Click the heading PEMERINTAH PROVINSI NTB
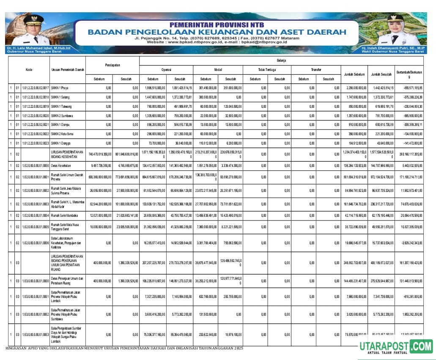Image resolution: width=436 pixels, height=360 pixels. pos(217,25)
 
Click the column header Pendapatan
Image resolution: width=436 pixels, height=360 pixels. pos(113,65)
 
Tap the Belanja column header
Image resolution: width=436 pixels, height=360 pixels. pos(282,61)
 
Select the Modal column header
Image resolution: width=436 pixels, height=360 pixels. pos(218,70)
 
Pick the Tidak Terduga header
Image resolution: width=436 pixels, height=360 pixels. pos(267,70)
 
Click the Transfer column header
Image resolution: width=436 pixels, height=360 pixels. pos(316,70)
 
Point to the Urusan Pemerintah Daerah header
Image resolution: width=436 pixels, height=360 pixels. pos(68,70)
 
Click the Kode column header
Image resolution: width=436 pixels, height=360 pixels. pos(29,70)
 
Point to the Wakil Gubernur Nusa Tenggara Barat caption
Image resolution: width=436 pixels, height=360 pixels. pos(392,52)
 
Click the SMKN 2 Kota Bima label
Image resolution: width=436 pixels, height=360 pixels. pos(62,134)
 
